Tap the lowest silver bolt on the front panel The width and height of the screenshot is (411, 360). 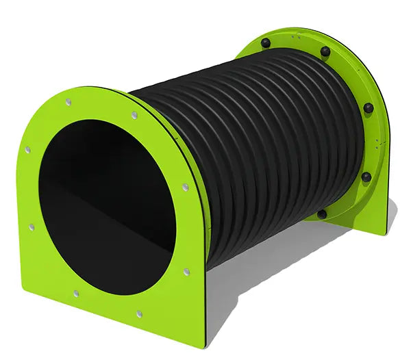(x=139, y=314)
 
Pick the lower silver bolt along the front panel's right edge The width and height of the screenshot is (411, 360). (x=186, y=272)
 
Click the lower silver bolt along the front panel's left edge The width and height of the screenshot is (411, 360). (x=31, y=227)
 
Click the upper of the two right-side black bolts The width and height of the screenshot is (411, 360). (x=369, y=108)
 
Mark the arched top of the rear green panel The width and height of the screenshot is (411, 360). (x=308, y=34)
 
